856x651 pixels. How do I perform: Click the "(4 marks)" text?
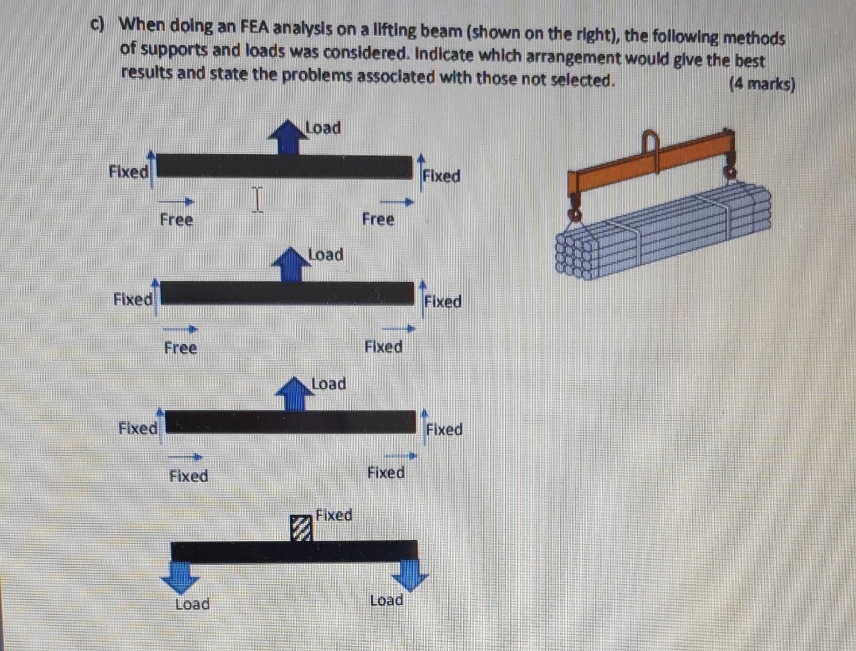761,84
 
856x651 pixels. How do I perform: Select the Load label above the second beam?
325,254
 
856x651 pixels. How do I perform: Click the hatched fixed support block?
302,529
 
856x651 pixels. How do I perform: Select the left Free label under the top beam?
177,219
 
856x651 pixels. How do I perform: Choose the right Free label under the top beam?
378,219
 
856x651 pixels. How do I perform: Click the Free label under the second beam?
181,348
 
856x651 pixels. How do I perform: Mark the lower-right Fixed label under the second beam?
384,347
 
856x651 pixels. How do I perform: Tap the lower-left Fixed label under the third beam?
189,476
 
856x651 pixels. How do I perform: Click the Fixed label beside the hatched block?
334,515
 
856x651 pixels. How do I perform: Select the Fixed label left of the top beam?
128,172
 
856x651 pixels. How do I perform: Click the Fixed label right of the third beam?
445,430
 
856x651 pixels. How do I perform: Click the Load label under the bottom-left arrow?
192,604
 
